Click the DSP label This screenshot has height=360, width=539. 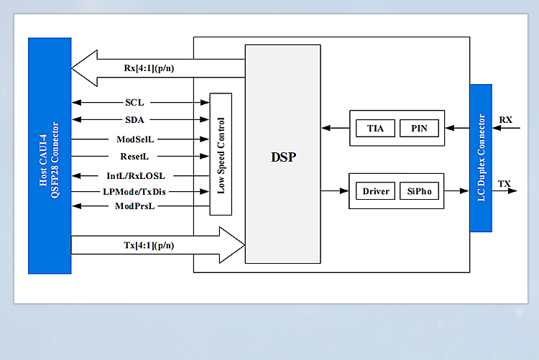(x=283, y=157)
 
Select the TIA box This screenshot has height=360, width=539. (x=375, y=129)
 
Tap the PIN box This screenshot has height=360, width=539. (x=419, y=129)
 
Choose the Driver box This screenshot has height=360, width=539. (x=375, y=191)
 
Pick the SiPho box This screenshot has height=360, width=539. (x=419, y=191)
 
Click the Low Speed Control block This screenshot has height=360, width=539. (x=221, y=154)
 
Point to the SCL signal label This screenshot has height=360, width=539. (x=134, y=103)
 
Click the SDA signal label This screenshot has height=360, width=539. (x=134, y=120)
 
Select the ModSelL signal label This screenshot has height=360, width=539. (x=134, y=138)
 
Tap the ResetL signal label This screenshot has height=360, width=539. (x=134, y=155)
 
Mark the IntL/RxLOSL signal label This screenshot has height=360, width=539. (x=135, y=175)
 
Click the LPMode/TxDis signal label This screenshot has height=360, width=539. (x=135, y=191)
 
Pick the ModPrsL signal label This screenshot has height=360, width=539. (x=135, y=207)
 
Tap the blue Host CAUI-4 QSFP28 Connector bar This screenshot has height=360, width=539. (x=50, y=155)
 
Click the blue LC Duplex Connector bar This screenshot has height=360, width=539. (x=481, y=158)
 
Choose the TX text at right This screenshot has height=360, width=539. (x=505, y=184)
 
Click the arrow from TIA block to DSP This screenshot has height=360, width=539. (x=335, y=129)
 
